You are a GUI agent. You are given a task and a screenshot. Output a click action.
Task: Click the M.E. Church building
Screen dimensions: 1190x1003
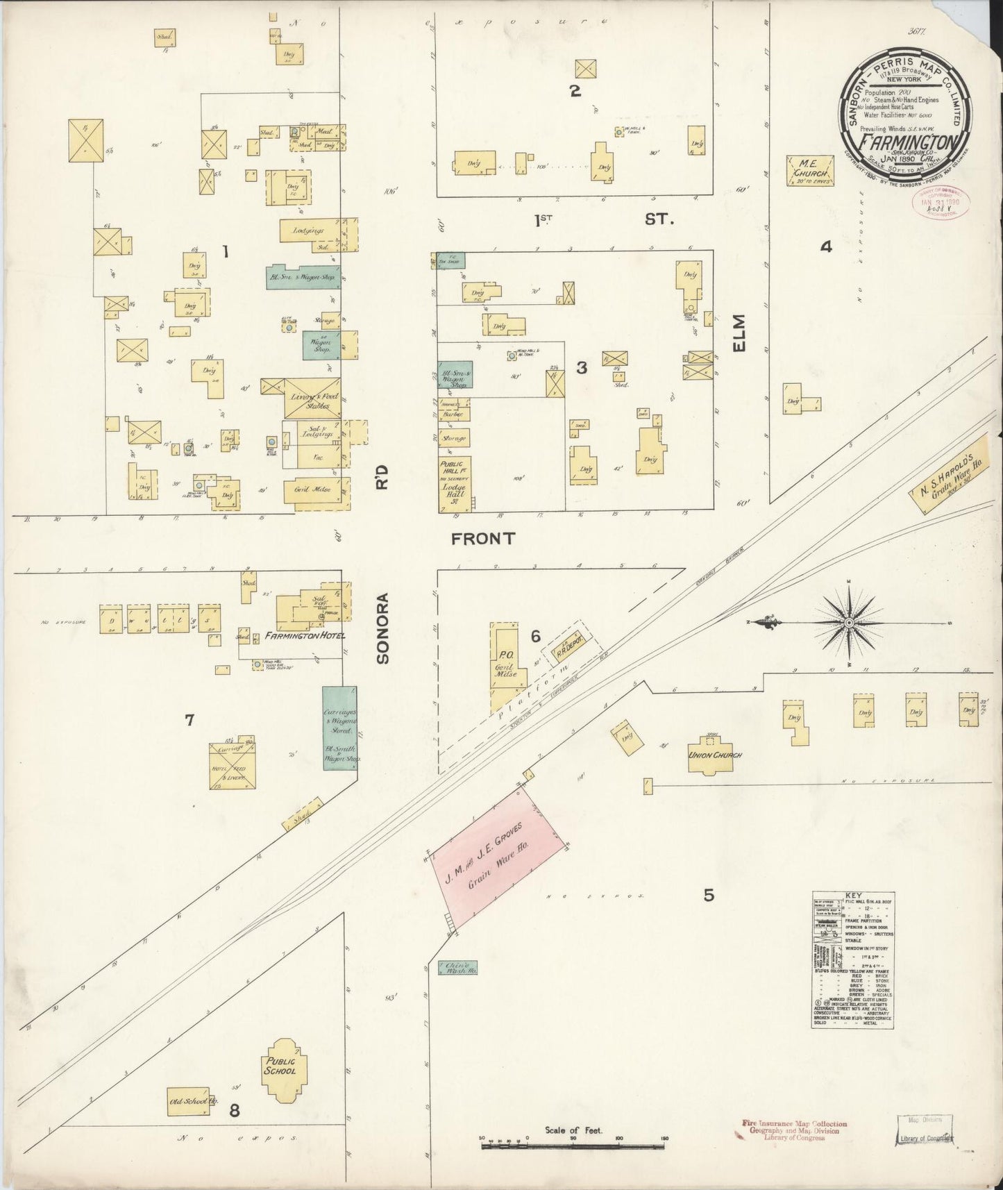pos(810,171)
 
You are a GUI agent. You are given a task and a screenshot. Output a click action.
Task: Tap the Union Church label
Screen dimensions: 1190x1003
pos(715,755)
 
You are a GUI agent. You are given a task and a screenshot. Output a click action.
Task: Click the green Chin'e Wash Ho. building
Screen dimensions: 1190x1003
pos(457,968)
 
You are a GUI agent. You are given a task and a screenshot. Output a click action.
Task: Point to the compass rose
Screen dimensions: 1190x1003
pos(848,623)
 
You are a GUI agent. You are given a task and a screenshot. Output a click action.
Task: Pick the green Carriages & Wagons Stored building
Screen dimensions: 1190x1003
pos(339,728)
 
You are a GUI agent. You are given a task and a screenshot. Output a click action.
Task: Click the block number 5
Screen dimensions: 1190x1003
pos(708,895)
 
